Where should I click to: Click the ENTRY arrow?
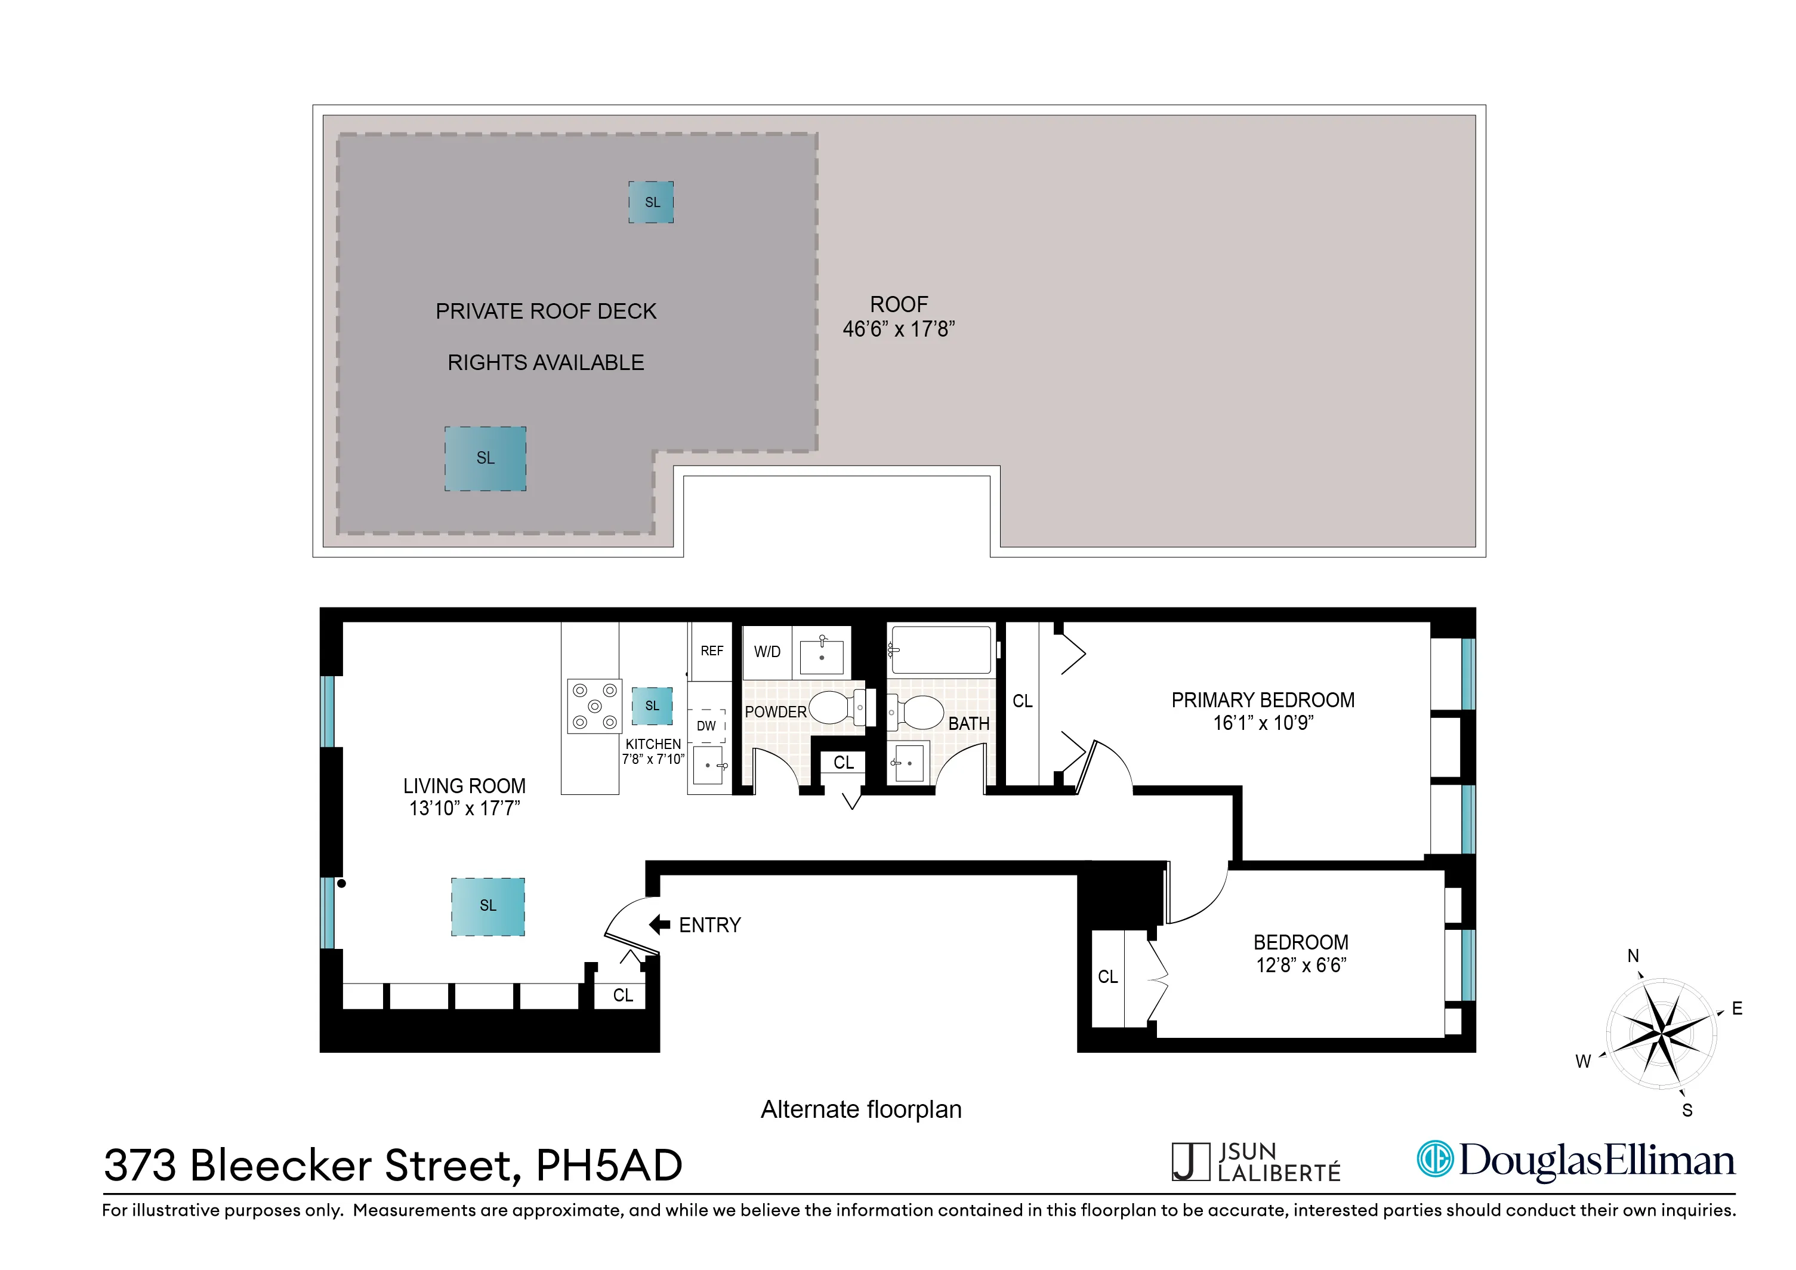pos(659,925)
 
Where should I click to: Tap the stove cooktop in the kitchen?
pos(594,706)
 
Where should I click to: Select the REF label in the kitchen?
pos(712,651)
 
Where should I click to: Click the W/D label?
pos(767,652)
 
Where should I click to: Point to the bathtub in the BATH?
pos(941,649)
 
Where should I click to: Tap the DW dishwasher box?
pos(706,725)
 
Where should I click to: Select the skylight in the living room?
pos(487,906)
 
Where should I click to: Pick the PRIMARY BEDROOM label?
pos(1263,700)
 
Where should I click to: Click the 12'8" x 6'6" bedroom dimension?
pos(1301,966)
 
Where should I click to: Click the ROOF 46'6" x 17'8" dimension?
pos(899,329)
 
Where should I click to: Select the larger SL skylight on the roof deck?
pos(485,458)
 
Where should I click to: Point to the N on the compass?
pos(1633,955)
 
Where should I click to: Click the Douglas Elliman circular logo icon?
pos(1436,1159)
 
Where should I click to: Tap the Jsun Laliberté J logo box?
pos(1190,1162)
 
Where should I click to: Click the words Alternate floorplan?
pos(860,1109)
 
